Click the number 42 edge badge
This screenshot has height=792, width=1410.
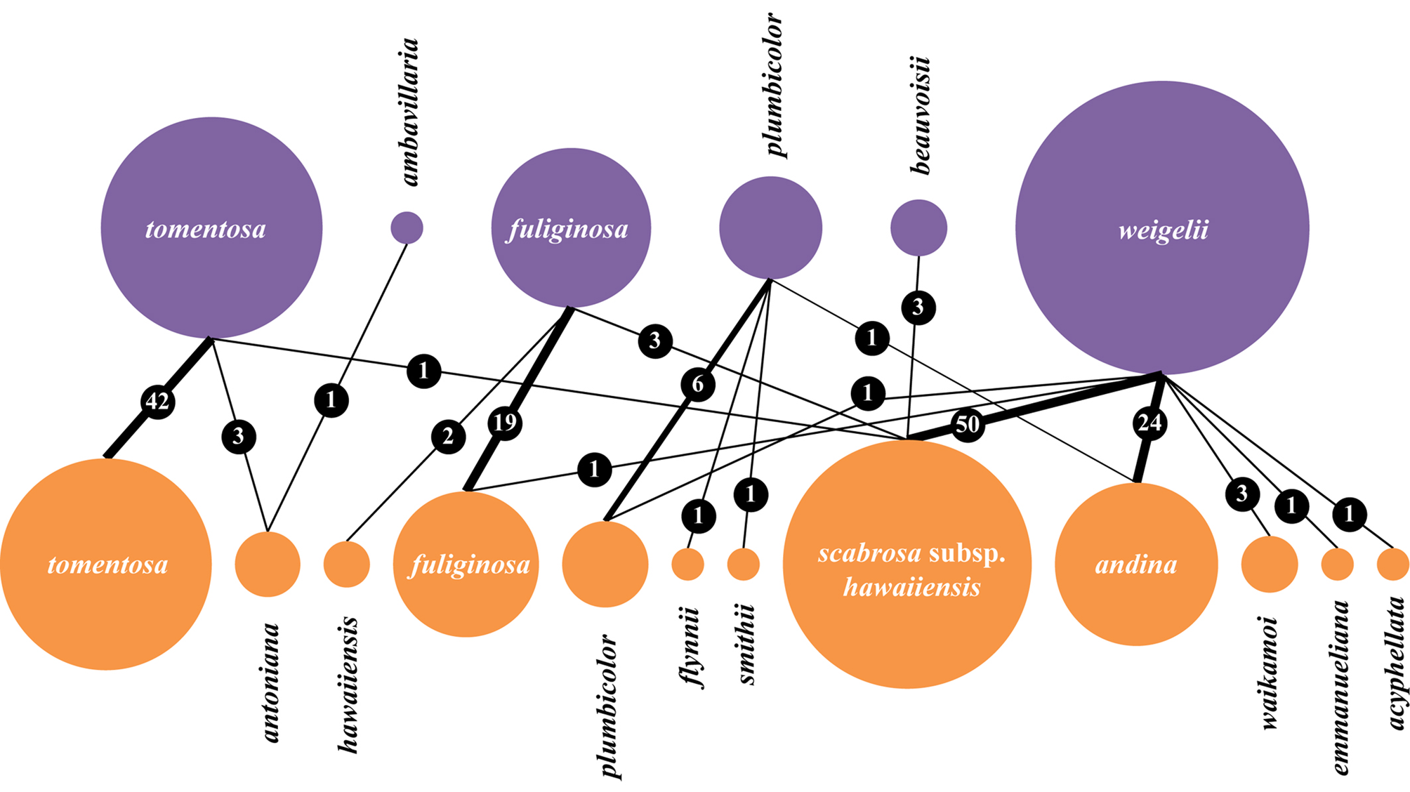point(157,402)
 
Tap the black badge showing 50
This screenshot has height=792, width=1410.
point(967,424)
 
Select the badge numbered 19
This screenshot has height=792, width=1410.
point(505,423)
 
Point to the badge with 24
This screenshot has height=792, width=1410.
point(1149,423)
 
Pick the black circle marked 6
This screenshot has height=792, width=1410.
point(698,385)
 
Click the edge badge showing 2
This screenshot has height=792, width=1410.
point(448,437)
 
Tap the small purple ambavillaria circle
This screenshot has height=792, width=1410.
point(407,227)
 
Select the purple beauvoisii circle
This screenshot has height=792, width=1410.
point(918,227)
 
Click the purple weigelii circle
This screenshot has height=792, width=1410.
point(1162,228)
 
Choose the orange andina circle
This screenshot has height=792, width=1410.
point(1135,565)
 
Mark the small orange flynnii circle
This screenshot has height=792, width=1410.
point(687,565)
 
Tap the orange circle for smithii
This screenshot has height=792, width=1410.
point(743,565)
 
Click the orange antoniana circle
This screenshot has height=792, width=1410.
point(268,565)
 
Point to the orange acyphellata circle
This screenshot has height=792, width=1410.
point(1392,565)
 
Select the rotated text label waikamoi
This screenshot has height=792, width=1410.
point(1269,673)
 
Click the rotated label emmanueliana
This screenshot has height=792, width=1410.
point(1340,687)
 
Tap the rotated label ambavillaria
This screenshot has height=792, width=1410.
point(409,112)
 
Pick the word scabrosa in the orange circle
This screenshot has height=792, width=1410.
point(869,553)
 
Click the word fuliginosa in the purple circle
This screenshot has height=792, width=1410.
point(568,229)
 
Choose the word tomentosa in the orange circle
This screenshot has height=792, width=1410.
point(107,565)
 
